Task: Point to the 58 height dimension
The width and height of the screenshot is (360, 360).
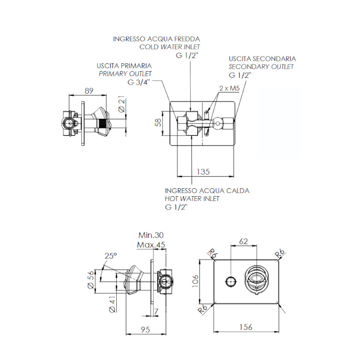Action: point(157,123)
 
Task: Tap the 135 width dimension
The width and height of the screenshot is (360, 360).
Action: point(203,171)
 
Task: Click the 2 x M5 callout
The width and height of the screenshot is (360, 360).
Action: point(229,88)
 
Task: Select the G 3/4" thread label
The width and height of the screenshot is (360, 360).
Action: point(139,82)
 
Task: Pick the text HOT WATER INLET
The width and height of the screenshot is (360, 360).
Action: point(192,199)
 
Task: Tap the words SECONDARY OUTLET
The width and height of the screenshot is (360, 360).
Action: point(261,67)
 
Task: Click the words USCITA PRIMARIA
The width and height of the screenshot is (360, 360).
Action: point(124,66)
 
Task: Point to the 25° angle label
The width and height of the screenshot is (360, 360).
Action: point(111,256)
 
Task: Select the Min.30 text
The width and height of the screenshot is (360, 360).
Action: point(151,235)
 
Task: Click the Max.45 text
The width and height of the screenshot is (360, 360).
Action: point(151,246)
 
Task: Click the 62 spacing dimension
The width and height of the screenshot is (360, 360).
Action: point(243,242)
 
